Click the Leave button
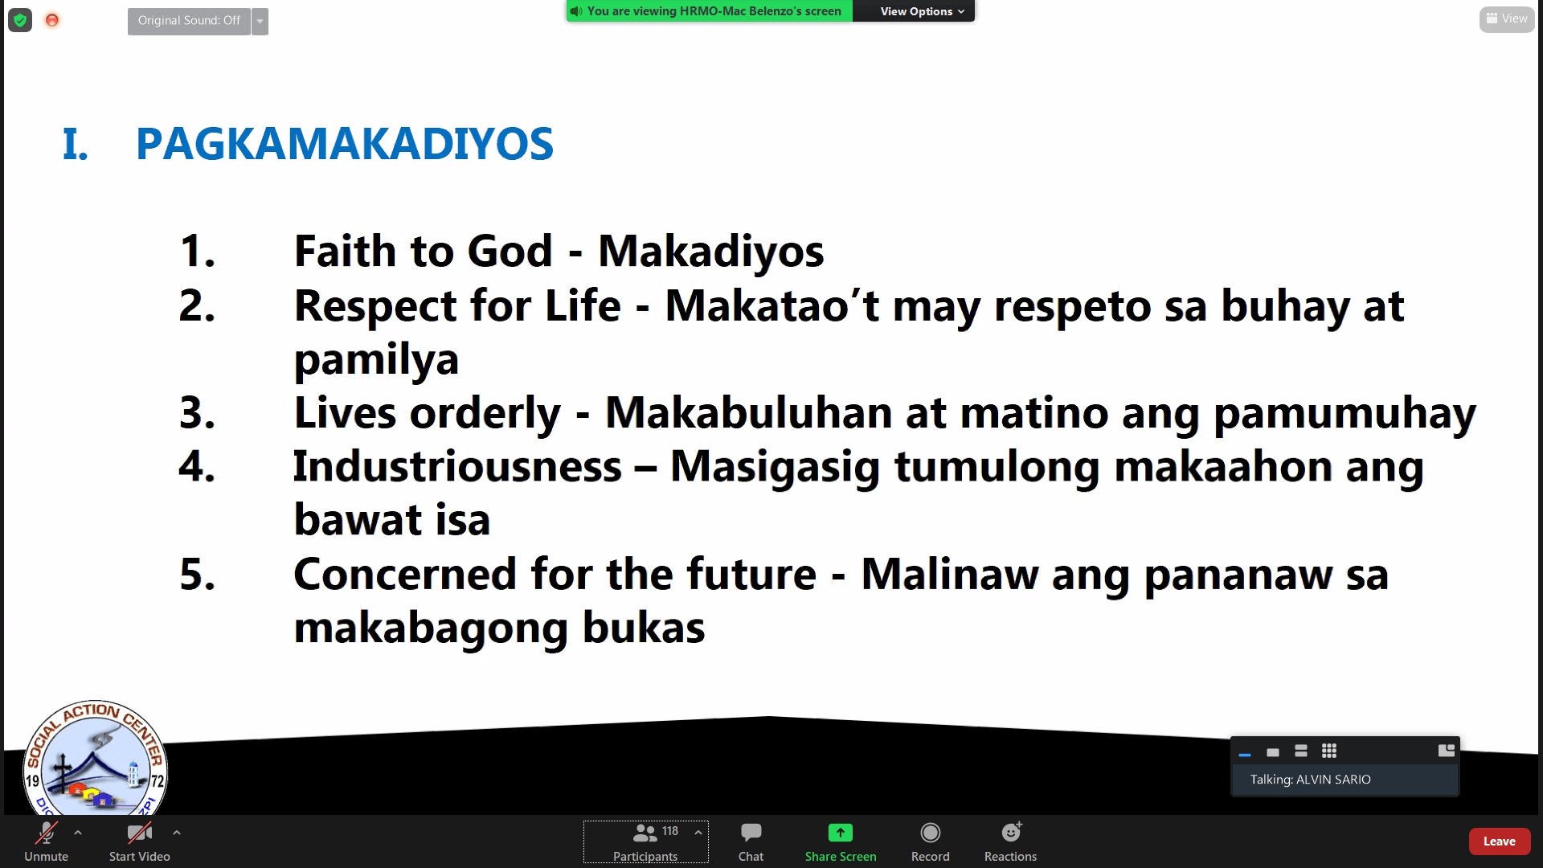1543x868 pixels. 1499,841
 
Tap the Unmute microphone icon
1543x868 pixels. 47,833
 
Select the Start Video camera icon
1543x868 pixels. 140,833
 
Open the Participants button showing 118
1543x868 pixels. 646,841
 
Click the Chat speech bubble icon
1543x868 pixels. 751,832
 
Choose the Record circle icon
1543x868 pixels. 931,833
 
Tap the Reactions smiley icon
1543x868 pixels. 1011,832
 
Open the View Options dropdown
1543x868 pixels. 921,11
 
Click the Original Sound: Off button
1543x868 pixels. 189,21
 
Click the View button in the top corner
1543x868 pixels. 1507,18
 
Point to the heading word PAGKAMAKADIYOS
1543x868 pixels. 345,144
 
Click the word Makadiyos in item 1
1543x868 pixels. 710,251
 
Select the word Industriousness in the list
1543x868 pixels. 457,466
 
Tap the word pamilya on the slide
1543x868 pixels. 376,359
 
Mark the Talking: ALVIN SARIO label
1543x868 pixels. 1310,780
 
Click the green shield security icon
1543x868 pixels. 20,20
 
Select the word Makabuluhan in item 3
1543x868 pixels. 748,413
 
